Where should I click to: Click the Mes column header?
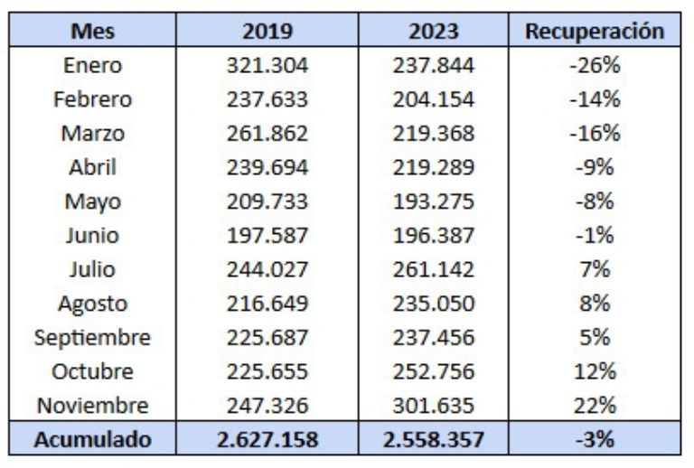(93, 31)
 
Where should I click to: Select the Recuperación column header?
(595, 31)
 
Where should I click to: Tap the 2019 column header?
(267, 31)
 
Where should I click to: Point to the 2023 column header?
(433, 31)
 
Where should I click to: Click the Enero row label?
(93, 65)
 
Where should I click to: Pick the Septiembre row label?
(93, 338)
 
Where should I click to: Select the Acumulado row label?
(93, 440)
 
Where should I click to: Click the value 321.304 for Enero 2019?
(267, 65)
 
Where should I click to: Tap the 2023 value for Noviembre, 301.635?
(433, 406)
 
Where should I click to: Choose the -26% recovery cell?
(595, 65)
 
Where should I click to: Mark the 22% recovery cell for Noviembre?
(595, 406)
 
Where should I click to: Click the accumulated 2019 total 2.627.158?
(267, 440)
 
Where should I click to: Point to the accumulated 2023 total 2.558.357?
(433, 440)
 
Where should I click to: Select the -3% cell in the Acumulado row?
(595, 440)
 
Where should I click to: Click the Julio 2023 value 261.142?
(433, 269)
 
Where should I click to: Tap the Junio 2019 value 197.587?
(267, 236)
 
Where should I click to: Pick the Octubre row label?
(93, 371)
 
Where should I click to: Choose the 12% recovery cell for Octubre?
(595, 371)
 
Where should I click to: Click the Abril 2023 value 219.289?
(433, 167)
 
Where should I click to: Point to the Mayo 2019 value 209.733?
(267, 201)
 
